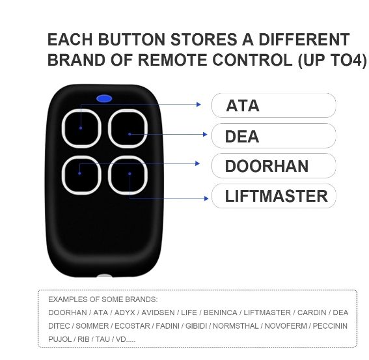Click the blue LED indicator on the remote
coord(104,98)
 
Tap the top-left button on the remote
coord(81,128)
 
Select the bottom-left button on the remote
coord(81,175)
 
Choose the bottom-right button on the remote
coord(128,175)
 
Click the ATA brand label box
coord(274,105)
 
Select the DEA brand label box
coord(274,135)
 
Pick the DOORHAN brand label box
coord(274,166)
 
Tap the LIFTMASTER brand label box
coord(274,196)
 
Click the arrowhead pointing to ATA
coord(199,104)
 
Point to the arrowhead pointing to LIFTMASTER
coord(206,199)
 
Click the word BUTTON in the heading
coord(131,39)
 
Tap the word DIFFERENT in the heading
coord(304,39)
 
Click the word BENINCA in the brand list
coord(220,312)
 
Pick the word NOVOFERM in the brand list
coord(286,326)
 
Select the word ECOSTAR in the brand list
coord(132,326)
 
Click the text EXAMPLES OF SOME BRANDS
coord(103,299)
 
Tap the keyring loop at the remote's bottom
coord(105,276)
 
